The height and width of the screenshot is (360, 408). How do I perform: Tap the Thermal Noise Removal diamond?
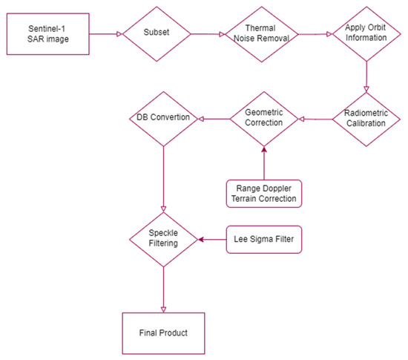pyautogui.click(x=262, y=33)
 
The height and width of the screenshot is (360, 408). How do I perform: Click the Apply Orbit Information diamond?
pyautogui.click(x=366, y=33)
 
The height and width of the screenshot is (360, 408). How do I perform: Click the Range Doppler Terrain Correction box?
pyautogui.click(x=264, y=193)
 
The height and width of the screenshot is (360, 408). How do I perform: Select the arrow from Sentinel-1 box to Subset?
pyautogui.click(x=103, y=33)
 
